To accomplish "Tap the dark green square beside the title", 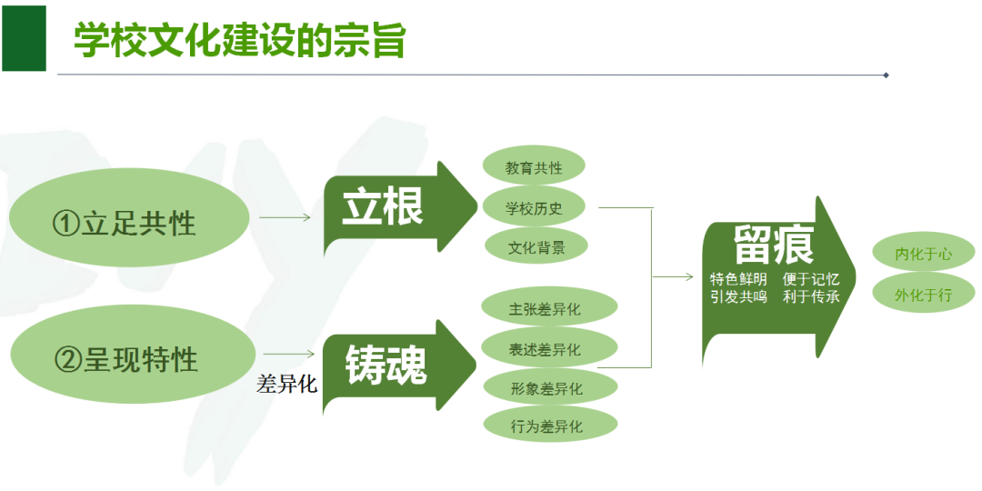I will tap(24, 38).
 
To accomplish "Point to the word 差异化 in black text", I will tap(286, 385).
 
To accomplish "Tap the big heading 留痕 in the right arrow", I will tap(774, 244).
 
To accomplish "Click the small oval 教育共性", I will tap(534, 167).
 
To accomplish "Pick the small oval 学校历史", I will tap(534, 208).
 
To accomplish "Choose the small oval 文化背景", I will tap(536, 247).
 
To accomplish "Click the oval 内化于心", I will tap(923, 255).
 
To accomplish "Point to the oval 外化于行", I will tap(923, 296).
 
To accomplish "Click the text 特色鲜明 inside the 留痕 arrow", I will tap(738, 279).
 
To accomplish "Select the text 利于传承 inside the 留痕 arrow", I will tap(811, 296).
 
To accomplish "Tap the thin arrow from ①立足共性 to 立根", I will tap(285, 218).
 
